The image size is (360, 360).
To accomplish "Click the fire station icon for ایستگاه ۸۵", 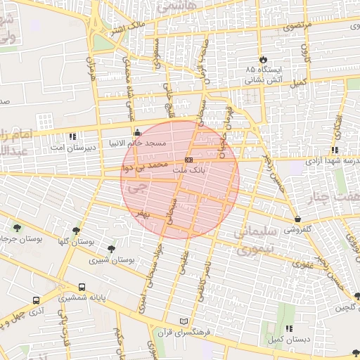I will point(264,60).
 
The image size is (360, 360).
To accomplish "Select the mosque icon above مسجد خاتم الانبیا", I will point(136,131).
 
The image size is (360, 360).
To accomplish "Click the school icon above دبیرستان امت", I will point(72,136).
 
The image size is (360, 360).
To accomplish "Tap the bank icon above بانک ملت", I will point(188,160).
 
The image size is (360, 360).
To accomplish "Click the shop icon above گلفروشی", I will point(298,219).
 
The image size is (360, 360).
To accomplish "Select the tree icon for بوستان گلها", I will point(76,231).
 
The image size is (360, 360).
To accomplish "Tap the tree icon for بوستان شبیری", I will point(111,249).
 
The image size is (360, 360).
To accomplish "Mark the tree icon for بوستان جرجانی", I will point(17,227).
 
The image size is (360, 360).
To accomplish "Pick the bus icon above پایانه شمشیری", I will point(83,287).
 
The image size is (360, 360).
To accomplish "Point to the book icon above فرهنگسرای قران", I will point(185,321).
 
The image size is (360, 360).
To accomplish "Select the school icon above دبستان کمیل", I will point(289,328).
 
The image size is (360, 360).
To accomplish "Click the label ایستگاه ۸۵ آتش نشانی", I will point(264,75).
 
